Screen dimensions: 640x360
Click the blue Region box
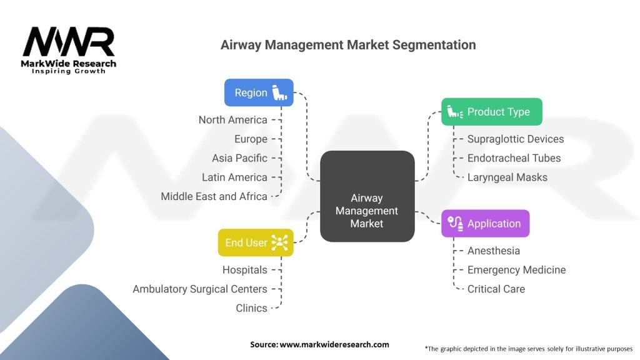click(x=259, y=92)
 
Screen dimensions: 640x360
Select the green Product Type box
click(x=492, y=112)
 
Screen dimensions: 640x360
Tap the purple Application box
click(x=485, y=224)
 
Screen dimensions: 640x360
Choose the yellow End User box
click(x=256, y=242)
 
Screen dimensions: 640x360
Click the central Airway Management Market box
click(x=367, y=196)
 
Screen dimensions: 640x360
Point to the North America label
click(x=232, y=120)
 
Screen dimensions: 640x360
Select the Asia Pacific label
click(x=239, y=158)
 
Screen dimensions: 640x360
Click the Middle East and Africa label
click(x=214, y=196)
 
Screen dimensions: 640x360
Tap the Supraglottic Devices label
click(x=516, y=139)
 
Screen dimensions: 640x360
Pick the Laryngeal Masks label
click(x=507, y=177)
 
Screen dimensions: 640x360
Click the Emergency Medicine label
click(x=516, y=270)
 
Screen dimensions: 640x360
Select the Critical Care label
click(x=496, y=289)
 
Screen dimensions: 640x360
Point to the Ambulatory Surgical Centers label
click(x=200, y=289)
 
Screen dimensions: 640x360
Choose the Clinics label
click(x=251, y=308)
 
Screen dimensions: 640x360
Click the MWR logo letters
click(x=69, y=42)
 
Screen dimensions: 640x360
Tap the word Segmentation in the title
click(x=434, y=45)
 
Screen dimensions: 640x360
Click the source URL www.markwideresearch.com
click(x=334, y=344)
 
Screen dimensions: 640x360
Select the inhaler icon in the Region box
click(x=279, y=92)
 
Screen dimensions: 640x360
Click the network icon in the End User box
click(x=279, y=242)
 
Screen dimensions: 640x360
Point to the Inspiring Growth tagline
click(x=69, y=71)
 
